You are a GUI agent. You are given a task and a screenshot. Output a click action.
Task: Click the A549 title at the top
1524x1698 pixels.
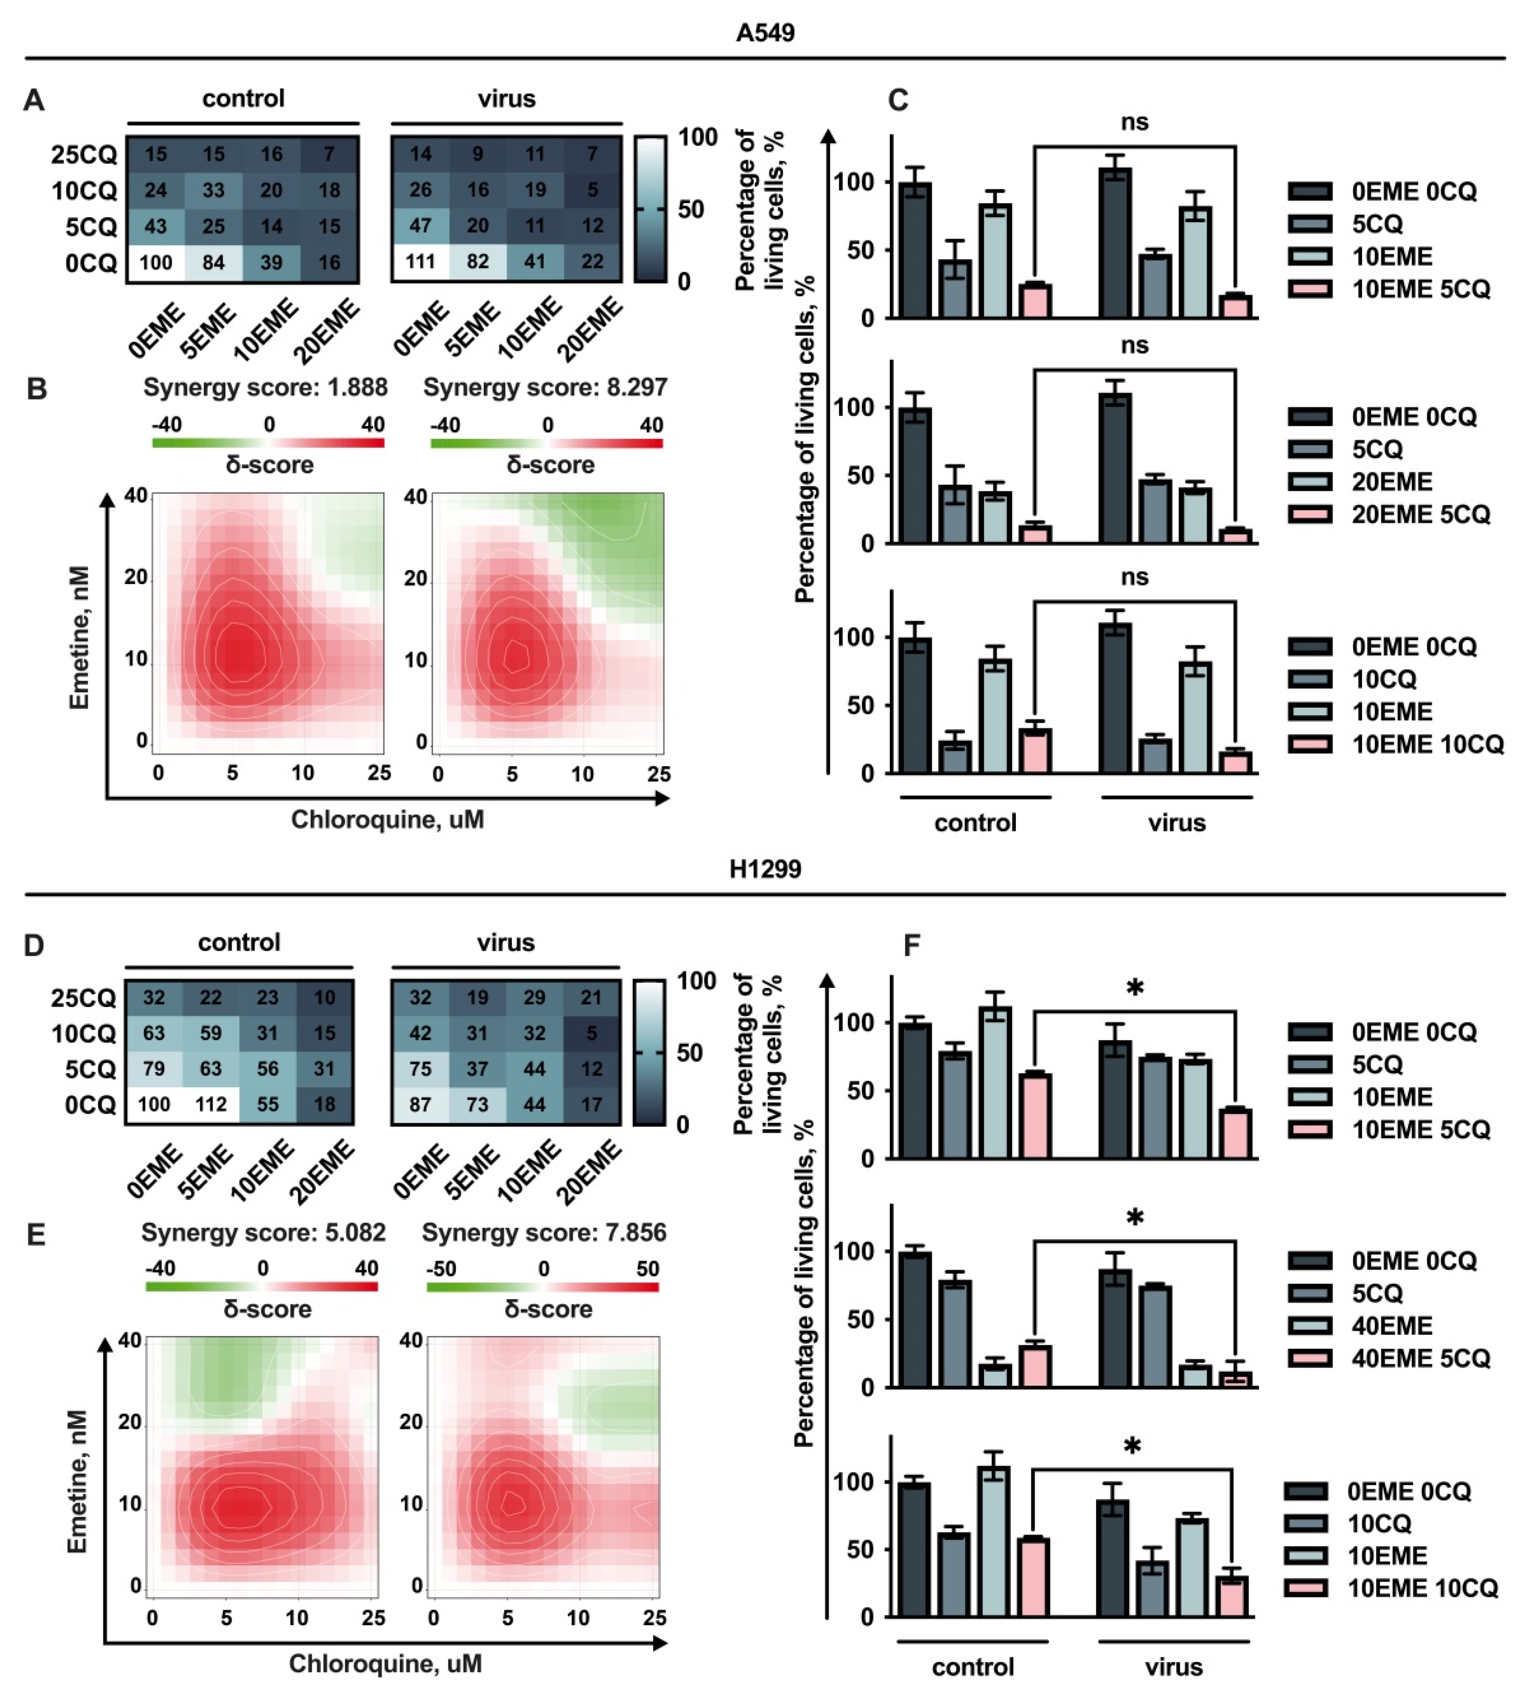(x=764, y=33)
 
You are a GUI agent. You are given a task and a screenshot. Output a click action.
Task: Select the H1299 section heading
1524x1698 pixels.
(x=764, y=869)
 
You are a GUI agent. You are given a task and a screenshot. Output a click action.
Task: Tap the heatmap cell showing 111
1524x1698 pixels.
(x=420, y=262)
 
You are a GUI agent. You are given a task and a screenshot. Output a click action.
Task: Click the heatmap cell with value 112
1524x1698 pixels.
(x=211, y=1104)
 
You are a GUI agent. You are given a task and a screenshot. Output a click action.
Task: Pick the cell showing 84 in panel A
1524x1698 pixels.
(x=214, y=262)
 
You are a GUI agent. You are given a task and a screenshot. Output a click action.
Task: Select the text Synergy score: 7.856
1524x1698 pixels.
(x=544, y=1232)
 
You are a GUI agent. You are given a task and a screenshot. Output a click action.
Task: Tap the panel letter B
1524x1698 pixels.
(x=36, y=389)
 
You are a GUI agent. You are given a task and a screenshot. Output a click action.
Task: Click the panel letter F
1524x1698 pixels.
(x=911, y=946)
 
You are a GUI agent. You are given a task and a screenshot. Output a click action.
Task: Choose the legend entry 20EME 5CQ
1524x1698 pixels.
(x=1420, y=514)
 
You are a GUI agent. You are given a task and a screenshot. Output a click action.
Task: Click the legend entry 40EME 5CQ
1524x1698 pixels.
(x=1420, y=1358)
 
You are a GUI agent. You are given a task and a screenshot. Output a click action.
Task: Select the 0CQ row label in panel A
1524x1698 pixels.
(x=91, y=263)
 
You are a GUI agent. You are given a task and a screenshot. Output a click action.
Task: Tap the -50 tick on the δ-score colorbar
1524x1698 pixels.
(x=441, y=1268)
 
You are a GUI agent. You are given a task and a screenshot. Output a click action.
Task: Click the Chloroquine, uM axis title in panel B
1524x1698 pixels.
(x=387, y=819)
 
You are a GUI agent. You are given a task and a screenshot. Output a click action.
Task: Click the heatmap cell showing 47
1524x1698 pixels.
(x=420, y=226)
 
